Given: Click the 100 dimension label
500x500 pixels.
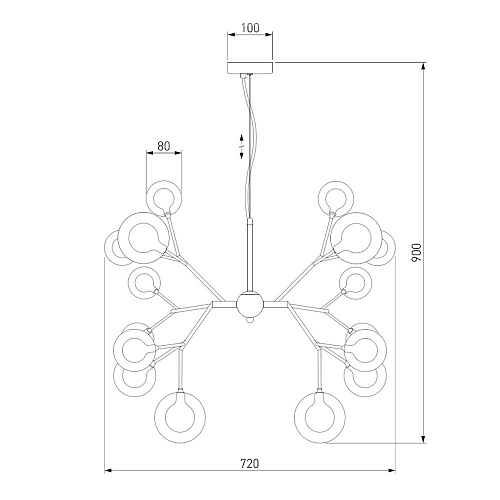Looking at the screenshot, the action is coord(250,28).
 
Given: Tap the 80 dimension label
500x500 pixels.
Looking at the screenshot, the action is coord(164,146).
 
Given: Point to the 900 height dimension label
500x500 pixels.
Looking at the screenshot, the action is coord(417,252).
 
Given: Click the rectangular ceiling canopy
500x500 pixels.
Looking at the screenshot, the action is coord(250,68).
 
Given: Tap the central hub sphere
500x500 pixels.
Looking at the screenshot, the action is coord(248,304).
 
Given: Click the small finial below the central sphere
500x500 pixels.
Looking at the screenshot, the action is coord(249,319).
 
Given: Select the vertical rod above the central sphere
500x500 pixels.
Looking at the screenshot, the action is coord(249,255).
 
